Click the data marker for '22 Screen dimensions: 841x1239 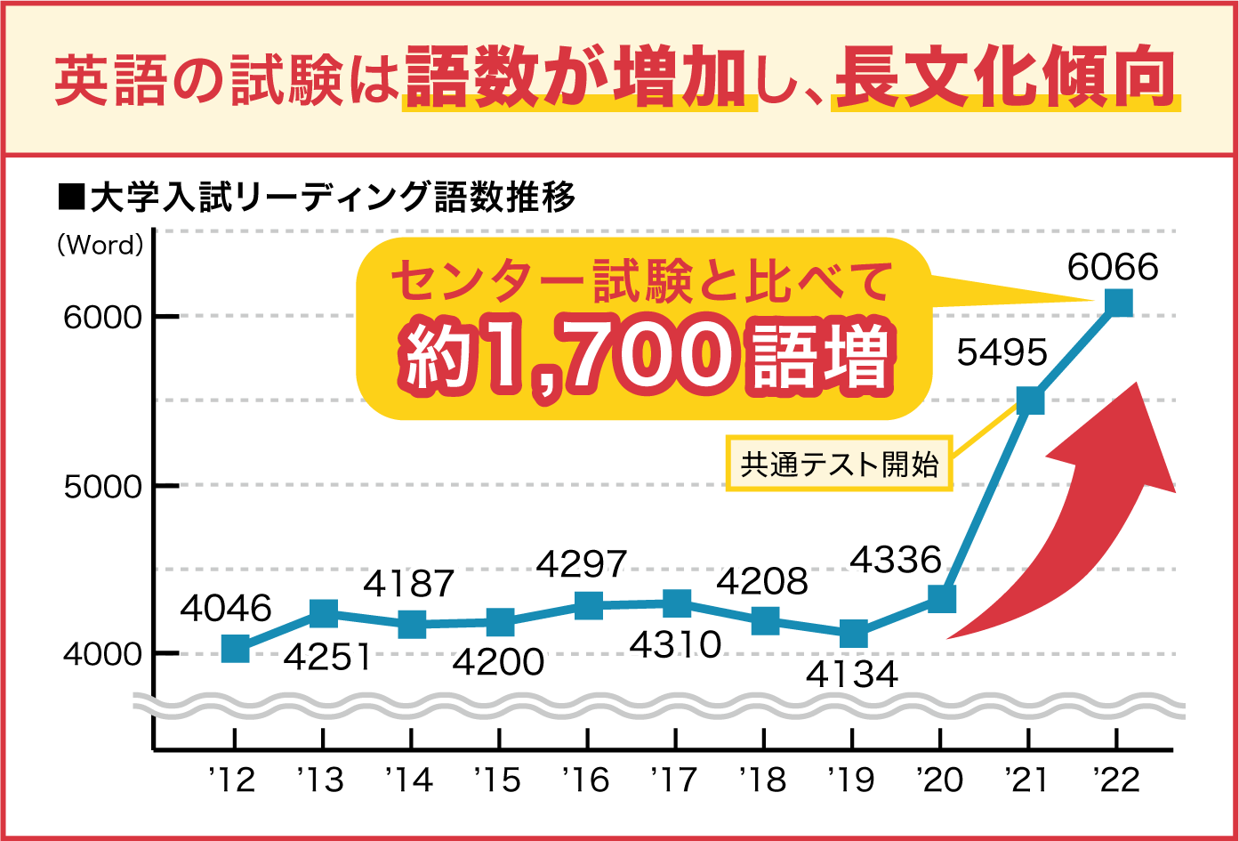click(1117, 303)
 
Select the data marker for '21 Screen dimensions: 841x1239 click(1029, 400)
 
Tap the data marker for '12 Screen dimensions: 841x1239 click(235, 649)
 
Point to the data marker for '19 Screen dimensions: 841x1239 click(853, 634)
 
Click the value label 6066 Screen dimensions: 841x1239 click(1113, 267)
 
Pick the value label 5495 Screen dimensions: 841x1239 click(1002, 353)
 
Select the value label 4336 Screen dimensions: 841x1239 click(895, 560)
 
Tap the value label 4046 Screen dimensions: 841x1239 click(225, 609)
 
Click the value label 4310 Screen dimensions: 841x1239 click(675, 644)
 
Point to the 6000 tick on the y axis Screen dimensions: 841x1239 click(102, 317)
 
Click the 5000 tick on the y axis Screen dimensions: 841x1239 click(102, 487)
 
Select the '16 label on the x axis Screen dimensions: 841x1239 click(586, 780)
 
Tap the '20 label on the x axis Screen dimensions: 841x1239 click(940, 780)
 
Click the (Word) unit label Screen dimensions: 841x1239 click(100, 246)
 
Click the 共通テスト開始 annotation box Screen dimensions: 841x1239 click(839, 464)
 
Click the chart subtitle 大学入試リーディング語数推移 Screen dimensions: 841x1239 click(331, 197)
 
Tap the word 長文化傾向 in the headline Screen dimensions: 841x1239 click(1005, 78)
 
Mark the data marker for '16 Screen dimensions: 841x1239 click(588, 606)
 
